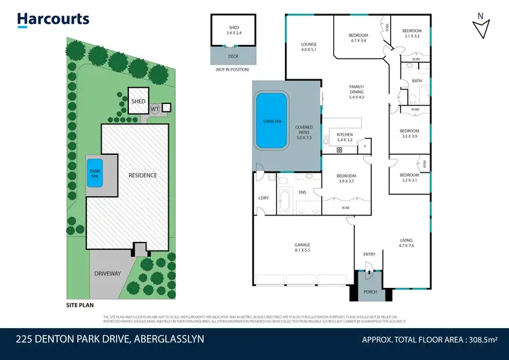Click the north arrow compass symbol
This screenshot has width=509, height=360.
(x=480, y=27)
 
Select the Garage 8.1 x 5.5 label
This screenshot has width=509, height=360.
(x=302, y=247)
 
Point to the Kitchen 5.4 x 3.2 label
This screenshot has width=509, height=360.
(x=345, y=138)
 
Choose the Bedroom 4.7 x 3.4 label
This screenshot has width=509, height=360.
(x=358, y=38)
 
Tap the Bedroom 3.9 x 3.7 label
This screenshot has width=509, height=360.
(x=347, y=179)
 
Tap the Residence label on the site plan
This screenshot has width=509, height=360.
(x=143, y=175)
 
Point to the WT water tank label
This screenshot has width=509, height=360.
(x=154, y=108)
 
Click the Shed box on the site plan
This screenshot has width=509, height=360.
(x=138, y=101)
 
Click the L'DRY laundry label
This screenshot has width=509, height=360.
(x=265, y=197)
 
